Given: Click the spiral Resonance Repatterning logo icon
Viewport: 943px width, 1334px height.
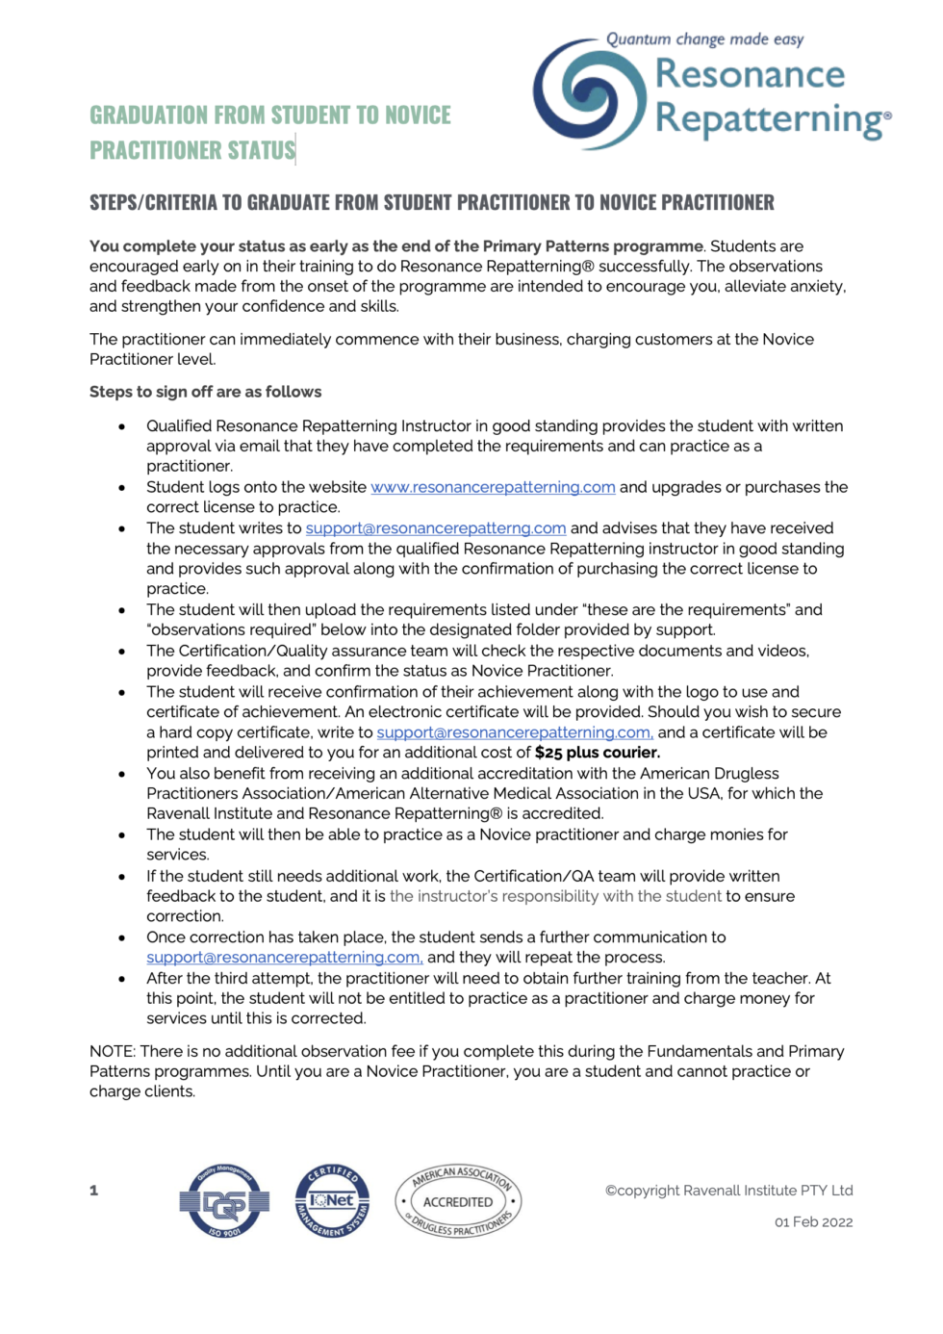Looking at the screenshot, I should [589, 94].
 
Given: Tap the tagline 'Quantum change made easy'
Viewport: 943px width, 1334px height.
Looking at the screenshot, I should [704, 39].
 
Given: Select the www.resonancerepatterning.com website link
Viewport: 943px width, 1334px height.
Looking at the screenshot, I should [493, 487].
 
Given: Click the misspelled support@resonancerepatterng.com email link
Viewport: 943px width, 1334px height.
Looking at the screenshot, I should [436, 528].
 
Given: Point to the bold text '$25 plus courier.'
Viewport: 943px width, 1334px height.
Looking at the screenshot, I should [598, 753].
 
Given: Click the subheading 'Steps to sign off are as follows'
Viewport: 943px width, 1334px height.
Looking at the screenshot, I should [206, 392].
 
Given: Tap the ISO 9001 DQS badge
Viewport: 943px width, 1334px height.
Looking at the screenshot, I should [224, 1200].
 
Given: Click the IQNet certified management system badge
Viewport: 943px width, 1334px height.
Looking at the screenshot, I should [332, 1200].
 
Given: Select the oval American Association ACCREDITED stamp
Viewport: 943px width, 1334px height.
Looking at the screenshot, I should [458, 1201].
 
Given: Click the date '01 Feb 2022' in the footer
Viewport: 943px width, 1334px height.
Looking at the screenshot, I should [813, 1222].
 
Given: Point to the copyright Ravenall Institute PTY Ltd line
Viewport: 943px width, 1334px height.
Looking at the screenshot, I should [728, 1191].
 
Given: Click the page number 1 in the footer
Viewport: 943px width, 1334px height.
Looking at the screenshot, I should [94, 1191].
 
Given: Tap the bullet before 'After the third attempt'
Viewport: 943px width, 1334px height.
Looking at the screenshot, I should [122, 979].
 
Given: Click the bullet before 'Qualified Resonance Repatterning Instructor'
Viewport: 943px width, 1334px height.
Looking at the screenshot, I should [122, 426].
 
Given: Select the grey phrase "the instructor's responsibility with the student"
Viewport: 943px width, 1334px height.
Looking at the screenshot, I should [555, 896].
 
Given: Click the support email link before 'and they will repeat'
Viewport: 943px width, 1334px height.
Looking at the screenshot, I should [285, 958].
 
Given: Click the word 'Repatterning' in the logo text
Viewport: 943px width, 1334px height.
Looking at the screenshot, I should [768, 119].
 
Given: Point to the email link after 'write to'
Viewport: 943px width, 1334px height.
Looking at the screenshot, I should [515, 732].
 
